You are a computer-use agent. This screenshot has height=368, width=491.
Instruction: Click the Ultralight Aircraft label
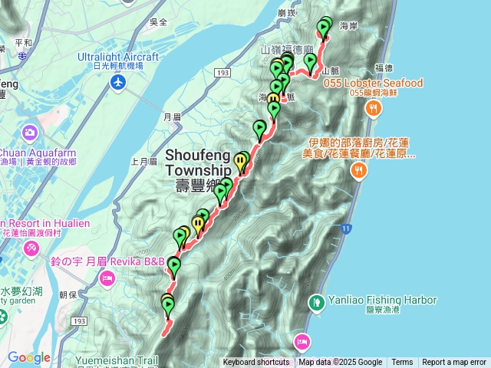118,57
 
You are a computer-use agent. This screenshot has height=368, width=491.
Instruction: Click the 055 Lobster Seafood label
373,83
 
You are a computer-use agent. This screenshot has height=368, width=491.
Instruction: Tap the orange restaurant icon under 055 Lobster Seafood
373,108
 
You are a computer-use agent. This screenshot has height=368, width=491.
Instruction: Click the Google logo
28,357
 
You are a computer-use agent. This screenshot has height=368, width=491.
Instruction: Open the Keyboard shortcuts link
256,363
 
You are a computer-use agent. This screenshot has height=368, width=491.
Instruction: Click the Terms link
402,363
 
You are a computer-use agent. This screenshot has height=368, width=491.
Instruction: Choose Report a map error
454,363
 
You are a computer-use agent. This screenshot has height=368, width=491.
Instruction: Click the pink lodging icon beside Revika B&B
106,277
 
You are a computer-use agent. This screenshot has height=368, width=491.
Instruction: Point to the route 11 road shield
347,229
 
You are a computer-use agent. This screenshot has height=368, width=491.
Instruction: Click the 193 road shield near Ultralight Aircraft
222,73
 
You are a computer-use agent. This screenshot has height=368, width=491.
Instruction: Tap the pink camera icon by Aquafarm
30,133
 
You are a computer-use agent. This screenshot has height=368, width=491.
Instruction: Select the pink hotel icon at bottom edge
302,341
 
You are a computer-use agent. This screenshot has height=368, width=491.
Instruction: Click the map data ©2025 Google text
341,363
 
